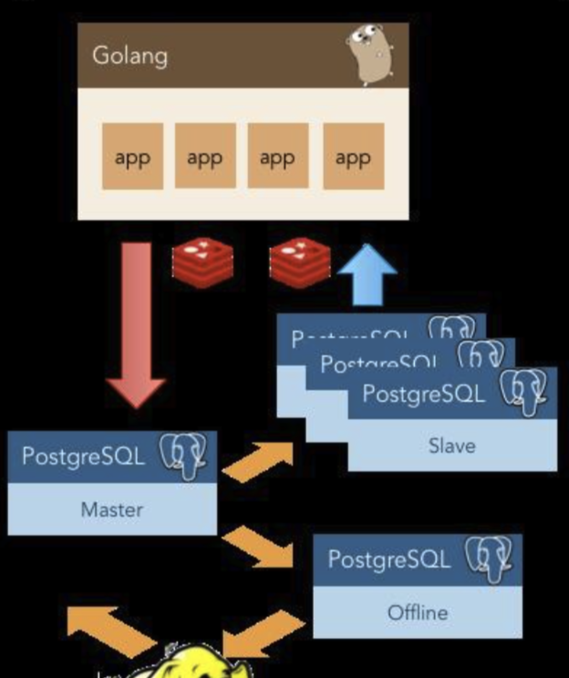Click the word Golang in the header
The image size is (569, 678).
point(129,56)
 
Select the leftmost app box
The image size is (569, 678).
point(132,157)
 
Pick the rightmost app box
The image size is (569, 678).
point(353,157)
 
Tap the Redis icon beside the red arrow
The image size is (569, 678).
point(202,258)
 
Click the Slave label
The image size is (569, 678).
point(451,446)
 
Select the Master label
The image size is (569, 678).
point(111,508)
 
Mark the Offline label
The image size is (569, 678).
point(417,611)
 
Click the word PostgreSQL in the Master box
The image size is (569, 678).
point(83,456)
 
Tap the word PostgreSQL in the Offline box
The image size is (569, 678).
point(388,559)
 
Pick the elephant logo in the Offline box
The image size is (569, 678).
point(489,558)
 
